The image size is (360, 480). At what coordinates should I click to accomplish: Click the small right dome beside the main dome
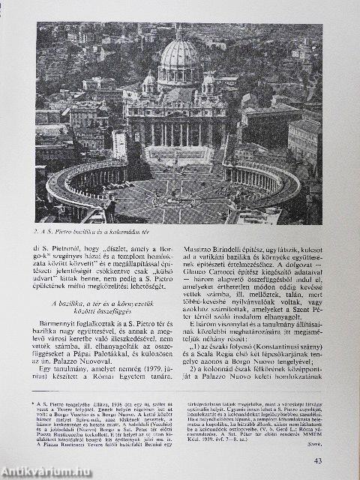(208, 79)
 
